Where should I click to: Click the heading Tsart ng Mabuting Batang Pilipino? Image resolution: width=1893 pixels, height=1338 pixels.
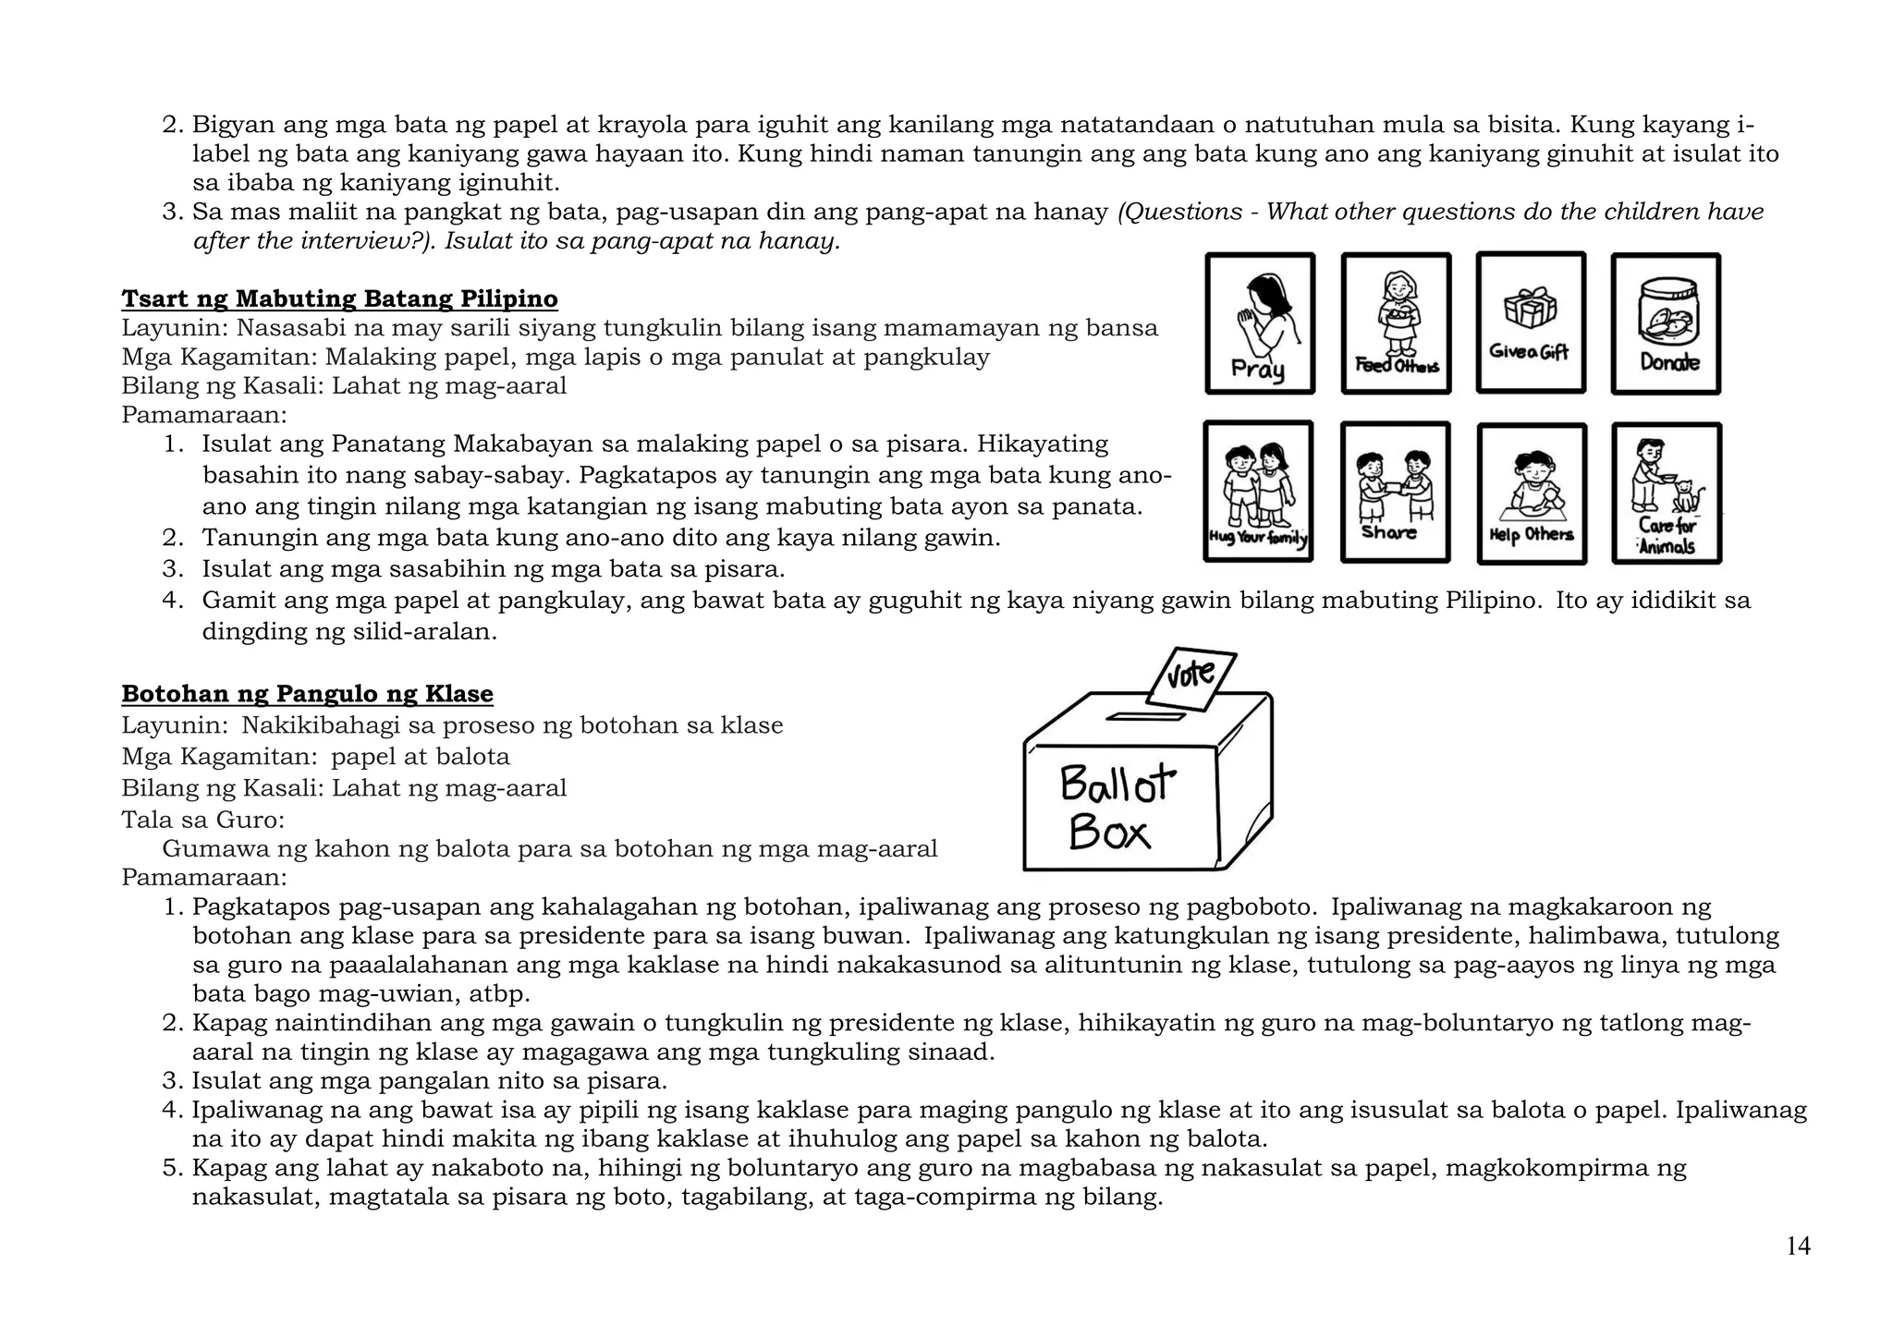(x=339, y=299)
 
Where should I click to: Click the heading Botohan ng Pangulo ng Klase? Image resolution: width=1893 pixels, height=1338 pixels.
(x=307, y=694)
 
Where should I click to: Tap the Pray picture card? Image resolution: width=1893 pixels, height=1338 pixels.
(x=1260, y=323)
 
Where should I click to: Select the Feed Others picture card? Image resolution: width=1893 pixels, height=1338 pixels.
(x=1396, y=323)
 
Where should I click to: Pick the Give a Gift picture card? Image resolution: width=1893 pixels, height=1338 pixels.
(x=1531, y=322)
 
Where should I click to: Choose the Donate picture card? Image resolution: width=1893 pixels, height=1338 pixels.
(x=1666, y=323)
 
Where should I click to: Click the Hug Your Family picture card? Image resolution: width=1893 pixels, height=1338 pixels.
(x=1258, y=492)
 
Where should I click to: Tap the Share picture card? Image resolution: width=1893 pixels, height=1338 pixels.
(x=1395, y=493)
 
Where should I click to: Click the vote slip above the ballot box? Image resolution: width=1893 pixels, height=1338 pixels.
(x=1191, y=678)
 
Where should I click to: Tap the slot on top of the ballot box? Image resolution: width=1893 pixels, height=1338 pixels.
(x=1146, y=716)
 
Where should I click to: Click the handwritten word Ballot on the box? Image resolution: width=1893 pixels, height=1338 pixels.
(x=1117, y=784)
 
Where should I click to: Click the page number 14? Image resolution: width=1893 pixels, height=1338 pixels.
(x=1798, y=1247)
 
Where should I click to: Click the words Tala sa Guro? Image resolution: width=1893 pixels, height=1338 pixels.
(x=202, y=820)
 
